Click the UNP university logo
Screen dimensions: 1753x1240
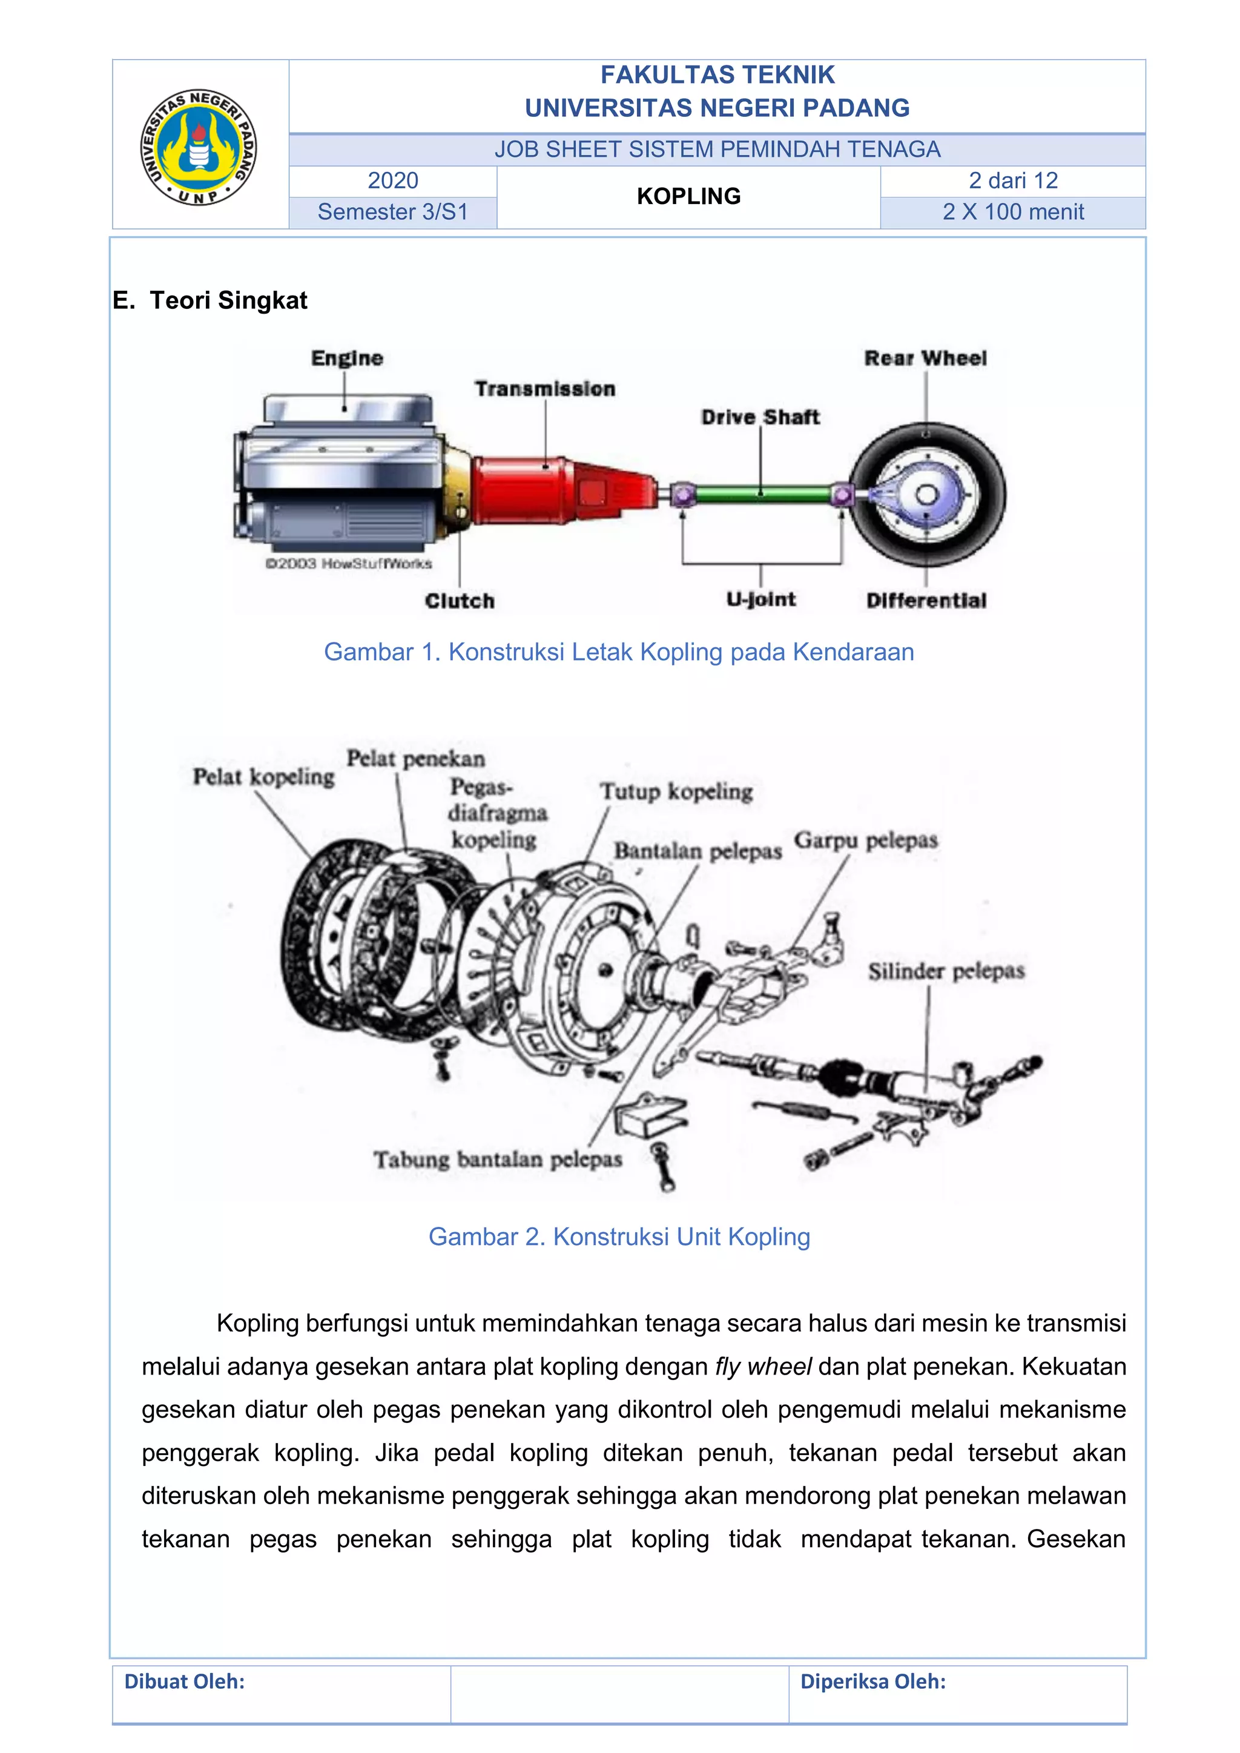point(199,147)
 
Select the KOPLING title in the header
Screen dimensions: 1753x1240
point(688,196)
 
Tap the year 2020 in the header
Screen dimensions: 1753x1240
point(392,181)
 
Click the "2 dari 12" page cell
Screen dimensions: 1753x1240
point(1012,181)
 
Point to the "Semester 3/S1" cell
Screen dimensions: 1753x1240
point(392,213)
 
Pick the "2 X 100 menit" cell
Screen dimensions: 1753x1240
point(1012,213)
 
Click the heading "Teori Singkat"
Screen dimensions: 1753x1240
point(228,301)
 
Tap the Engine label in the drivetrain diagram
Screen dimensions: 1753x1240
point(347,358)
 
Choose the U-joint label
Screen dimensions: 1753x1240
point(760,599)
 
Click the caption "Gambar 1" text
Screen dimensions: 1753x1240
point(618,652)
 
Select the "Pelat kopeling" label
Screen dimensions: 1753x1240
point(263,777)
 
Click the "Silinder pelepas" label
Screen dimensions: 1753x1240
point(945,971)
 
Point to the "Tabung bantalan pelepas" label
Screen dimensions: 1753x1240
point(498,1160)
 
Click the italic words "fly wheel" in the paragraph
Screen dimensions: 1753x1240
point(763,1367)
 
